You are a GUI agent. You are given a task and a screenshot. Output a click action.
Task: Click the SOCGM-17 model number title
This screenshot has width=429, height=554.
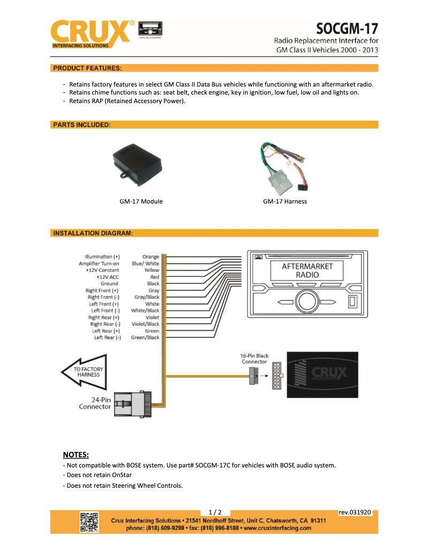click(347, 28)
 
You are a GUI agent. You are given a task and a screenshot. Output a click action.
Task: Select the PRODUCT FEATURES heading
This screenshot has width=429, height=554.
click(87, 68)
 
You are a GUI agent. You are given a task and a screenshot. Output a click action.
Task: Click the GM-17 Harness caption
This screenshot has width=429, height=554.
click(285, 201)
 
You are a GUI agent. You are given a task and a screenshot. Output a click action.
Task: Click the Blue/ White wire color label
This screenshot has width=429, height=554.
click(145, 263)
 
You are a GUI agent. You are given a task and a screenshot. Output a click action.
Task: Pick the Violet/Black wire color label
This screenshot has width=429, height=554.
click(145, 324)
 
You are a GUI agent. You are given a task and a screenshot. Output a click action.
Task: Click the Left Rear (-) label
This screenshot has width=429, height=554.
click(108, 338)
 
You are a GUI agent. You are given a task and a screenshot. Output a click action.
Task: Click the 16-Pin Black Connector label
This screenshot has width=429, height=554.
click(254, 358)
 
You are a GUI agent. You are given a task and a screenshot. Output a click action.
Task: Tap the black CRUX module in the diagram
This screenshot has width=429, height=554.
click(323, 374)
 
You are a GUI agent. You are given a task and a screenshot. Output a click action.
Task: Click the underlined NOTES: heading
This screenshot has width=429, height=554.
click(75, 455)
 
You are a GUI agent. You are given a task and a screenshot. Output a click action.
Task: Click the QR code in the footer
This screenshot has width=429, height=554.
click(89, 522)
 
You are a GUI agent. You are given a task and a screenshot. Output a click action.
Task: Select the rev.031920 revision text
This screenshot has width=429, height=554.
click(355, 512)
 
